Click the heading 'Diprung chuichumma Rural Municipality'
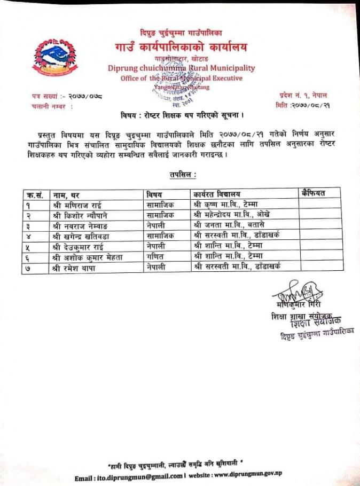pyautogui.click(x=181, y=68)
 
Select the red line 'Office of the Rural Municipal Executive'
pyautogui.click(x=181, y=78)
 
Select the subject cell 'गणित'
pyautogui.click(x=155, y=257)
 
